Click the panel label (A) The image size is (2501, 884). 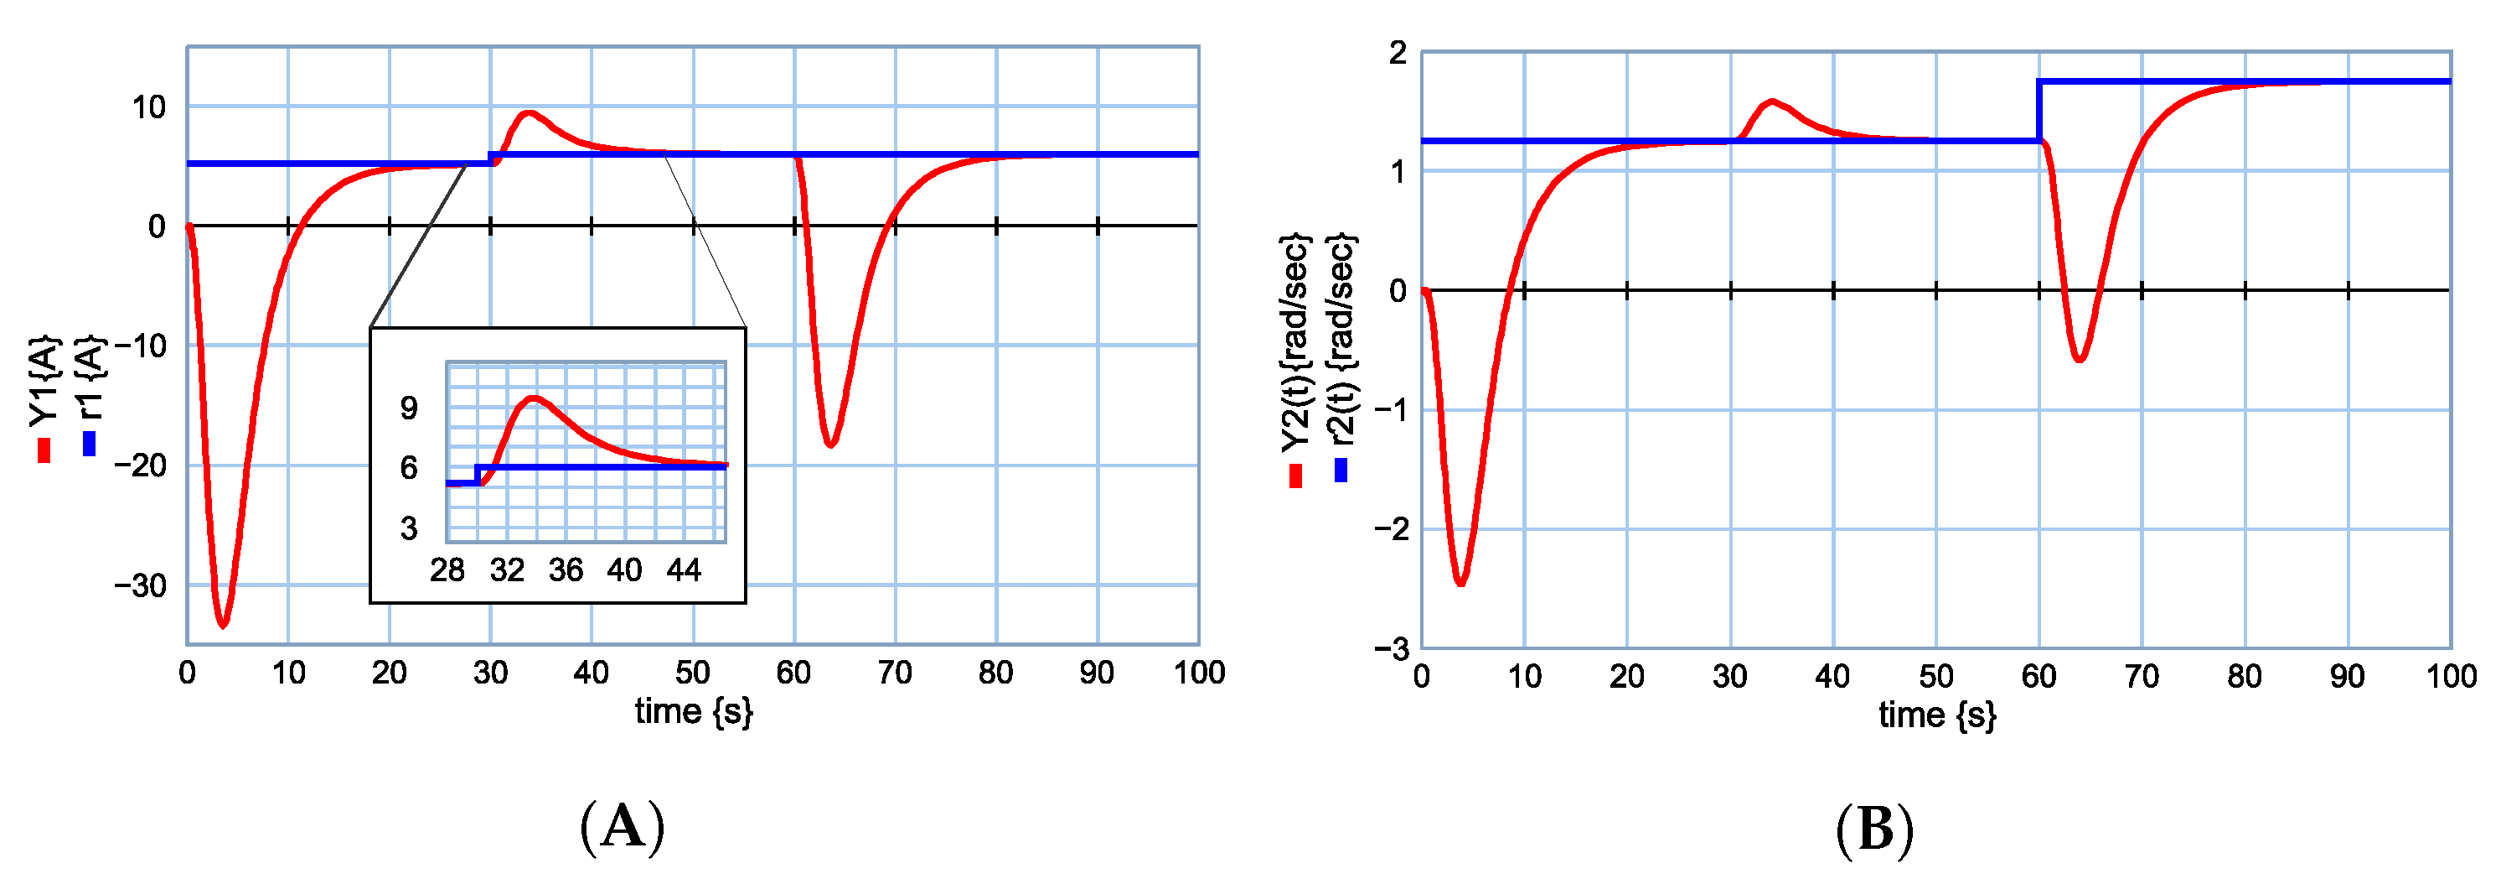(x=623, y=828)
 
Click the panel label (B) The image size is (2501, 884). (x=1875, y=830)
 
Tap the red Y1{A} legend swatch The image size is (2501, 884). (x=44, y=450)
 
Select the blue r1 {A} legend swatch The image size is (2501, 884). (x=90, y=443)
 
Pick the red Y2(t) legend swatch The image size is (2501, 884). (x=1295, y=476)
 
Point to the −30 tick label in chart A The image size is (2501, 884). (x=140, y=585)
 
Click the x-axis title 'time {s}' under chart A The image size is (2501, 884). (x=693, y=712)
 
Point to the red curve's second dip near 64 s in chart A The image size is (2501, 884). (x=831, y=445)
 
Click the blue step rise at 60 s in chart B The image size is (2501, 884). (x=2039, y=111)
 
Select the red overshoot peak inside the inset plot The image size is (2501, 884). (x=533, y=398)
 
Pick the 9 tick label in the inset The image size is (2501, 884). (x=409, y=408)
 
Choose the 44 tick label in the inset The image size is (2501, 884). (x=684, y=570)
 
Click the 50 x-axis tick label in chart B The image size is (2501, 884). (x=1936, y=676)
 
